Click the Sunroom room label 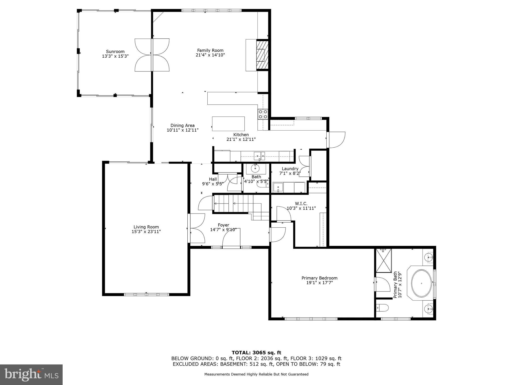click(x=115, y=51)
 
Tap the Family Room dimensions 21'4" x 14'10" click(x=210, y=55)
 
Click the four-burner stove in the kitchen click(x=263, y=114)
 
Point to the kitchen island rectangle click(x=228, y=124)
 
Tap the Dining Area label click(x=182, y=125)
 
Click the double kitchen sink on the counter click(x=260, y=156)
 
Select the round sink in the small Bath click(x=255, y=168)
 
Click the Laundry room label click(x=290, y=169)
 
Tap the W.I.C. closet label click(x=301, y=204)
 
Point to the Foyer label click(x=223, y=225)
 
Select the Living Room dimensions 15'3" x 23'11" click(x=146, y=232)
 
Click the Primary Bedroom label click(x=319, y=278)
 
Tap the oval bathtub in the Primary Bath click(x=422, y=283)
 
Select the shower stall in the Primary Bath click(x=383, y=261)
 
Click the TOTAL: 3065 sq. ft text click(x=256, y=353)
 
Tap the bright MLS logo click(x=31, y=374)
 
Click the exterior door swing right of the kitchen click(x=337, y=140)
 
